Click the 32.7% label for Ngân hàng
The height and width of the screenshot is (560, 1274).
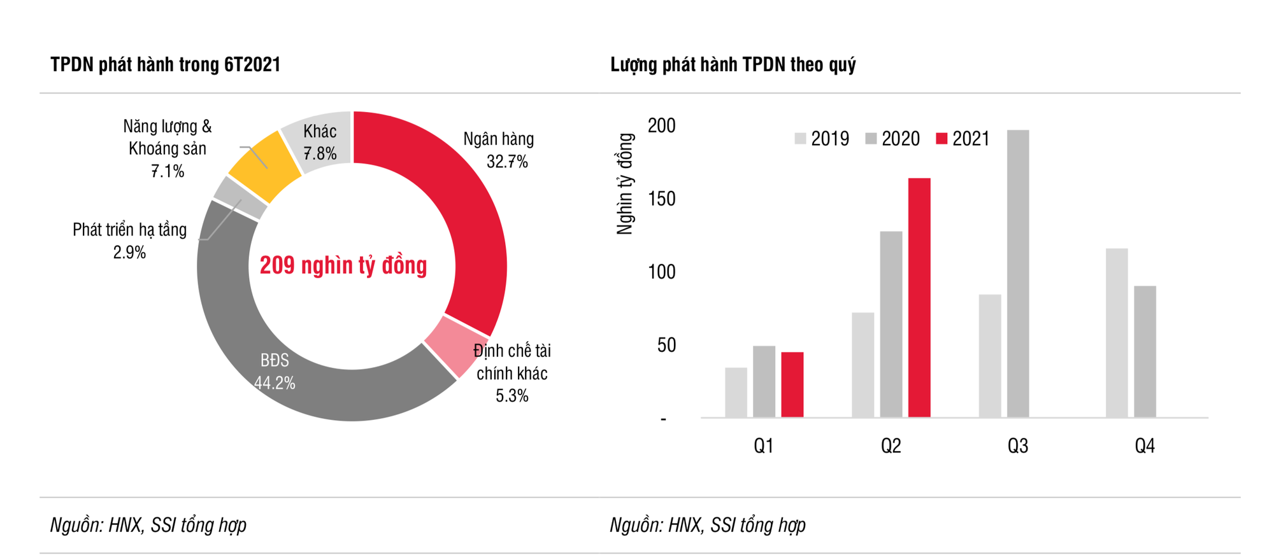click(x=507, y=162)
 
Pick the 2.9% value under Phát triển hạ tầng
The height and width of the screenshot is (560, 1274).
click(x=129, y=253)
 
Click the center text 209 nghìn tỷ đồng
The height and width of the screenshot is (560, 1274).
click(x=343, y=265)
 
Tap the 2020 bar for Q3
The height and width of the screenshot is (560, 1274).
click(x=1018, y=274)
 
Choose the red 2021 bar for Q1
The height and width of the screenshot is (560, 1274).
click(x=792, y=384)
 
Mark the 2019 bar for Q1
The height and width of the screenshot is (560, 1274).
click(x=736, y=392)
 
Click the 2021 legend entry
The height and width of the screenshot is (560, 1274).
click(x=963, y=139)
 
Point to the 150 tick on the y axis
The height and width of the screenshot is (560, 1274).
click(x=661, y=199)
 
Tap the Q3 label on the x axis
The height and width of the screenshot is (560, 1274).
click(x=1017, y=446)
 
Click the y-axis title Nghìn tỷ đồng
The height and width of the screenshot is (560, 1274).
click(x=626, y=184)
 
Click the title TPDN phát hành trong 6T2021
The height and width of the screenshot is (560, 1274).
click(x=166, y=65)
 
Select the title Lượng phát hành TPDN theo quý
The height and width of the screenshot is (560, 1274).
click(x=733, y=65)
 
